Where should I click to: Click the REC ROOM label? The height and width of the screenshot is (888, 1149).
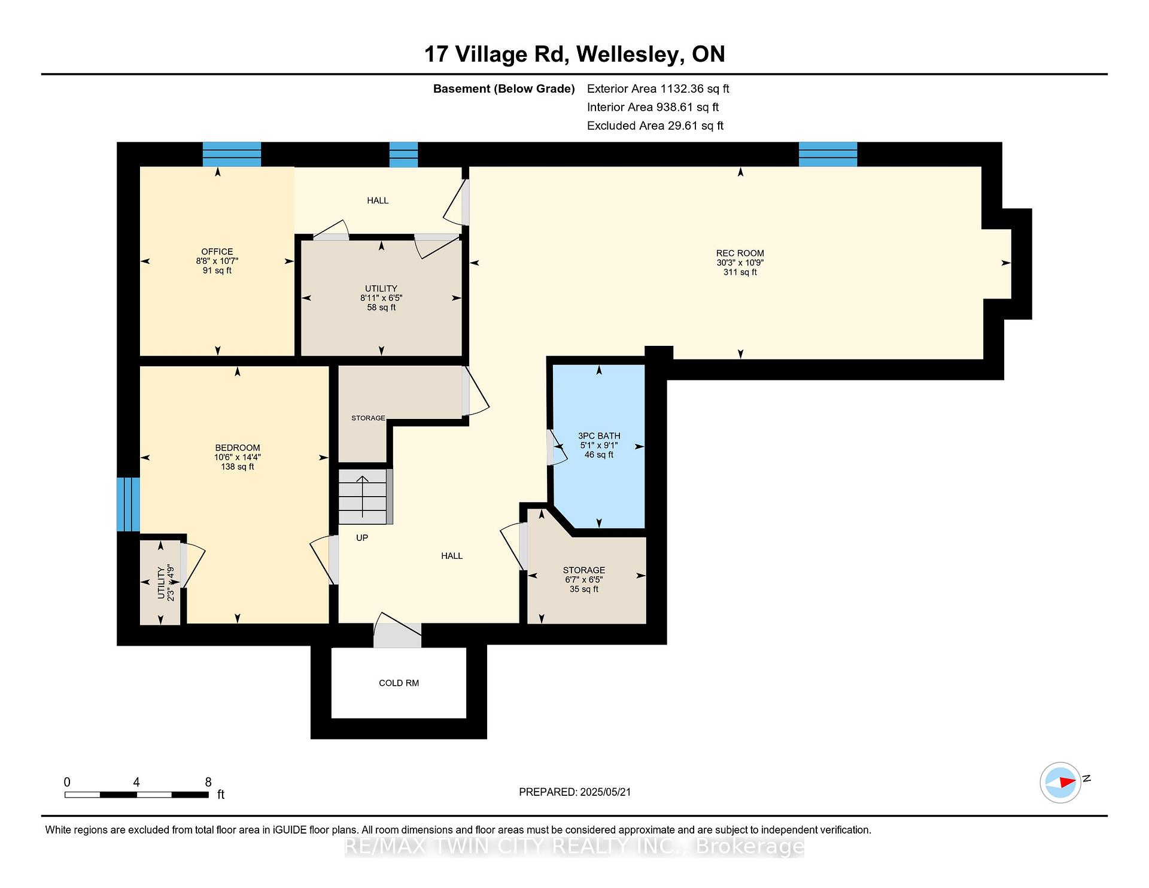pyautogui.click(x=740, y=253)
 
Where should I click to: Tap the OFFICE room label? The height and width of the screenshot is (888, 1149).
pyautogui.click(x=217, y=251)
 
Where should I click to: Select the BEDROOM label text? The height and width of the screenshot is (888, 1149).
pyautogui.click(x=238, y=448)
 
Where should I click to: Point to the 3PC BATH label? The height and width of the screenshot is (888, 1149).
pyautogui.click(x=599, y=436)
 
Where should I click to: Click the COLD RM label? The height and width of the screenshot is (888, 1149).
pyautogui.click(x=399, y=683)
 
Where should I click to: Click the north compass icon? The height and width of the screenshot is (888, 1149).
pyautogui.click(x=1061, y=782)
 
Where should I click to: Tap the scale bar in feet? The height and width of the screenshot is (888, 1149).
pyautogui.click(x=136, y=795)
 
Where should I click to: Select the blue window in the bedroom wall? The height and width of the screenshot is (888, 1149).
pyautogui.click(x=128, y=504)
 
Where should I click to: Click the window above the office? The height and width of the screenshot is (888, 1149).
pyautogui.click(x=232, y=154)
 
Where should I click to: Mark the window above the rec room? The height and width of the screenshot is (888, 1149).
pyautogui.click(x=828, y=154)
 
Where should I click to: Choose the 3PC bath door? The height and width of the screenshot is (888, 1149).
pyautogui.click(x=556, y=446)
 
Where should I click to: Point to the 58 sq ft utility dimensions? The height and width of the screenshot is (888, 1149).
pyautogui.click(x=381, y=297)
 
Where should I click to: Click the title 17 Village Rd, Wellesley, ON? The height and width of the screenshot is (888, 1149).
pyautogui.click(x=574, y=54)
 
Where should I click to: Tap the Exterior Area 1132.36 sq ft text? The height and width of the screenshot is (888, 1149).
pyautogui.click(x=658, y=89)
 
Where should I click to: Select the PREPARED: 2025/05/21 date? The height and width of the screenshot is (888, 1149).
pyautogui.click(x=575, y=792)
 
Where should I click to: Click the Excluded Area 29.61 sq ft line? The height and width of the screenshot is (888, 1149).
pyautogui.click(x=655, y=126)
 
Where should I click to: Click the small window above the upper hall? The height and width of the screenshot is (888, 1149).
pyautogui.click(x=403, y=154)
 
